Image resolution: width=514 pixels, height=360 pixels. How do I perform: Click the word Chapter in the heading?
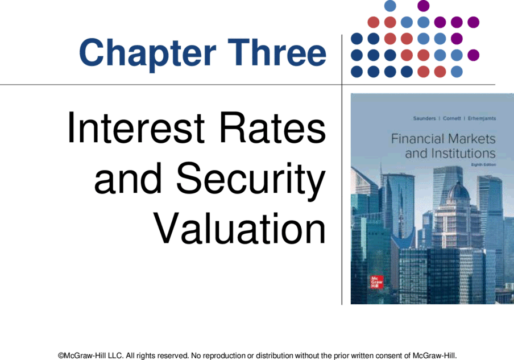[147, 53]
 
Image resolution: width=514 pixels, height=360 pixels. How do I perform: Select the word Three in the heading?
[277, 52]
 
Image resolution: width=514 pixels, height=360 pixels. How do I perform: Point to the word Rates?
[273, 128]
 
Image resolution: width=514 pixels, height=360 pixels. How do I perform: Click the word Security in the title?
[251, 179]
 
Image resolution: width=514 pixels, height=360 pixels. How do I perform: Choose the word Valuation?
[239, 228]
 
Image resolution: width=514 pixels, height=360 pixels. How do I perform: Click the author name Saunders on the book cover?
[425, 118]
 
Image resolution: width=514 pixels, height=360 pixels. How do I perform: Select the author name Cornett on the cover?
[451, 118]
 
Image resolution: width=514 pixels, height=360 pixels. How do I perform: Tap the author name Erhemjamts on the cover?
[482, 118]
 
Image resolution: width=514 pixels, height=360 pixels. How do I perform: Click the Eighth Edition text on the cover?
[483, 164]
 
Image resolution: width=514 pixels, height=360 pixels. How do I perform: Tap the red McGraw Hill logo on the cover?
[376, 282]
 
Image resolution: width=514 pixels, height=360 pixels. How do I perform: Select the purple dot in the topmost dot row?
[424, 6]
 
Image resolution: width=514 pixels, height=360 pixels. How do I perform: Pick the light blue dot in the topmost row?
[390, 6]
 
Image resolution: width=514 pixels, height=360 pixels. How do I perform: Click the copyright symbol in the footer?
[61, 356]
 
